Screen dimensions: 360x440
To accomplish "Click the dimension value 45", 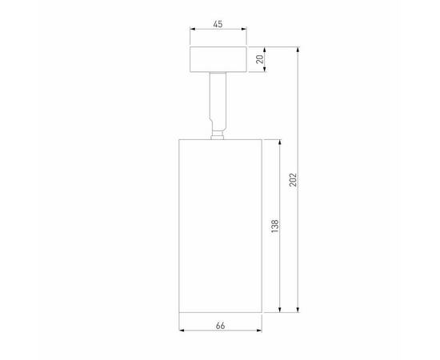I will click(x=218, y=24).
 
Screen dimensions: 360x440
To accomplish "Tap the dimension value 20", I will click(x=258, y=60).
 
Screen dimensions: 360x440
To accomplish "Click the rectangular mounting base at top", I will click(x=218, y=60).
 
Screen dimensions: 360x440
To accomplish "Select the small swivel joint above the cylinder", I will click(x=216, y=133).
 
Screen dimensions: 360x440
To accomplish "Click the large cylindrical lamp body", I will click(x=218, y=224).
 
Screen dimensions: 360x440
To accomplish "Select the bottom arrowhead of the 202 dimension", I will click(x=299, y=310).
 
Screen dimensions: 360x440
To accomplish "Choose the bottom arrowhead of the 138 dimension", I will click(x=280, y=310).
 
